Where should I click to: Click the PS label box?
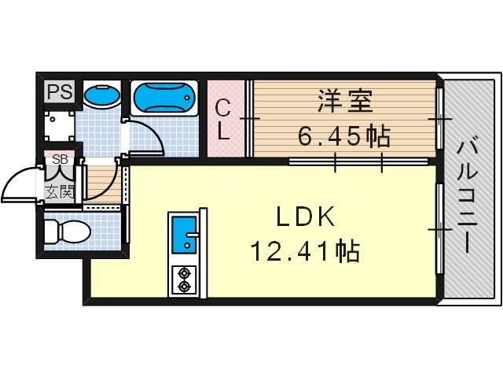pyautogui.click(x=59, y=91)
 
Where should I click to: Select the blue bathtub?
pyautogui.click(x=163, y=98)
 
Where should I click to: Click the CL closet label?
pyautogui.click(x=223, y=119)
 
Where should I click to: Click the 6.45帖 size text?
pyautogui.click(x=343, y=137)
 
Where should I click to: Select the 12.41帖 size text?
pyautogui.click(x=305, y=252)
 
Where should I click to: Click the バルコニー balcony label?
pyautogui.click(x=468, y=193)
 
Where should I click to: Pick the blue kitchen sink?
pyautogui.click(x=185, y=234)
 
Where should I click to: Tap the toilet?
pyautogui.click(x=69, y=232)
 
